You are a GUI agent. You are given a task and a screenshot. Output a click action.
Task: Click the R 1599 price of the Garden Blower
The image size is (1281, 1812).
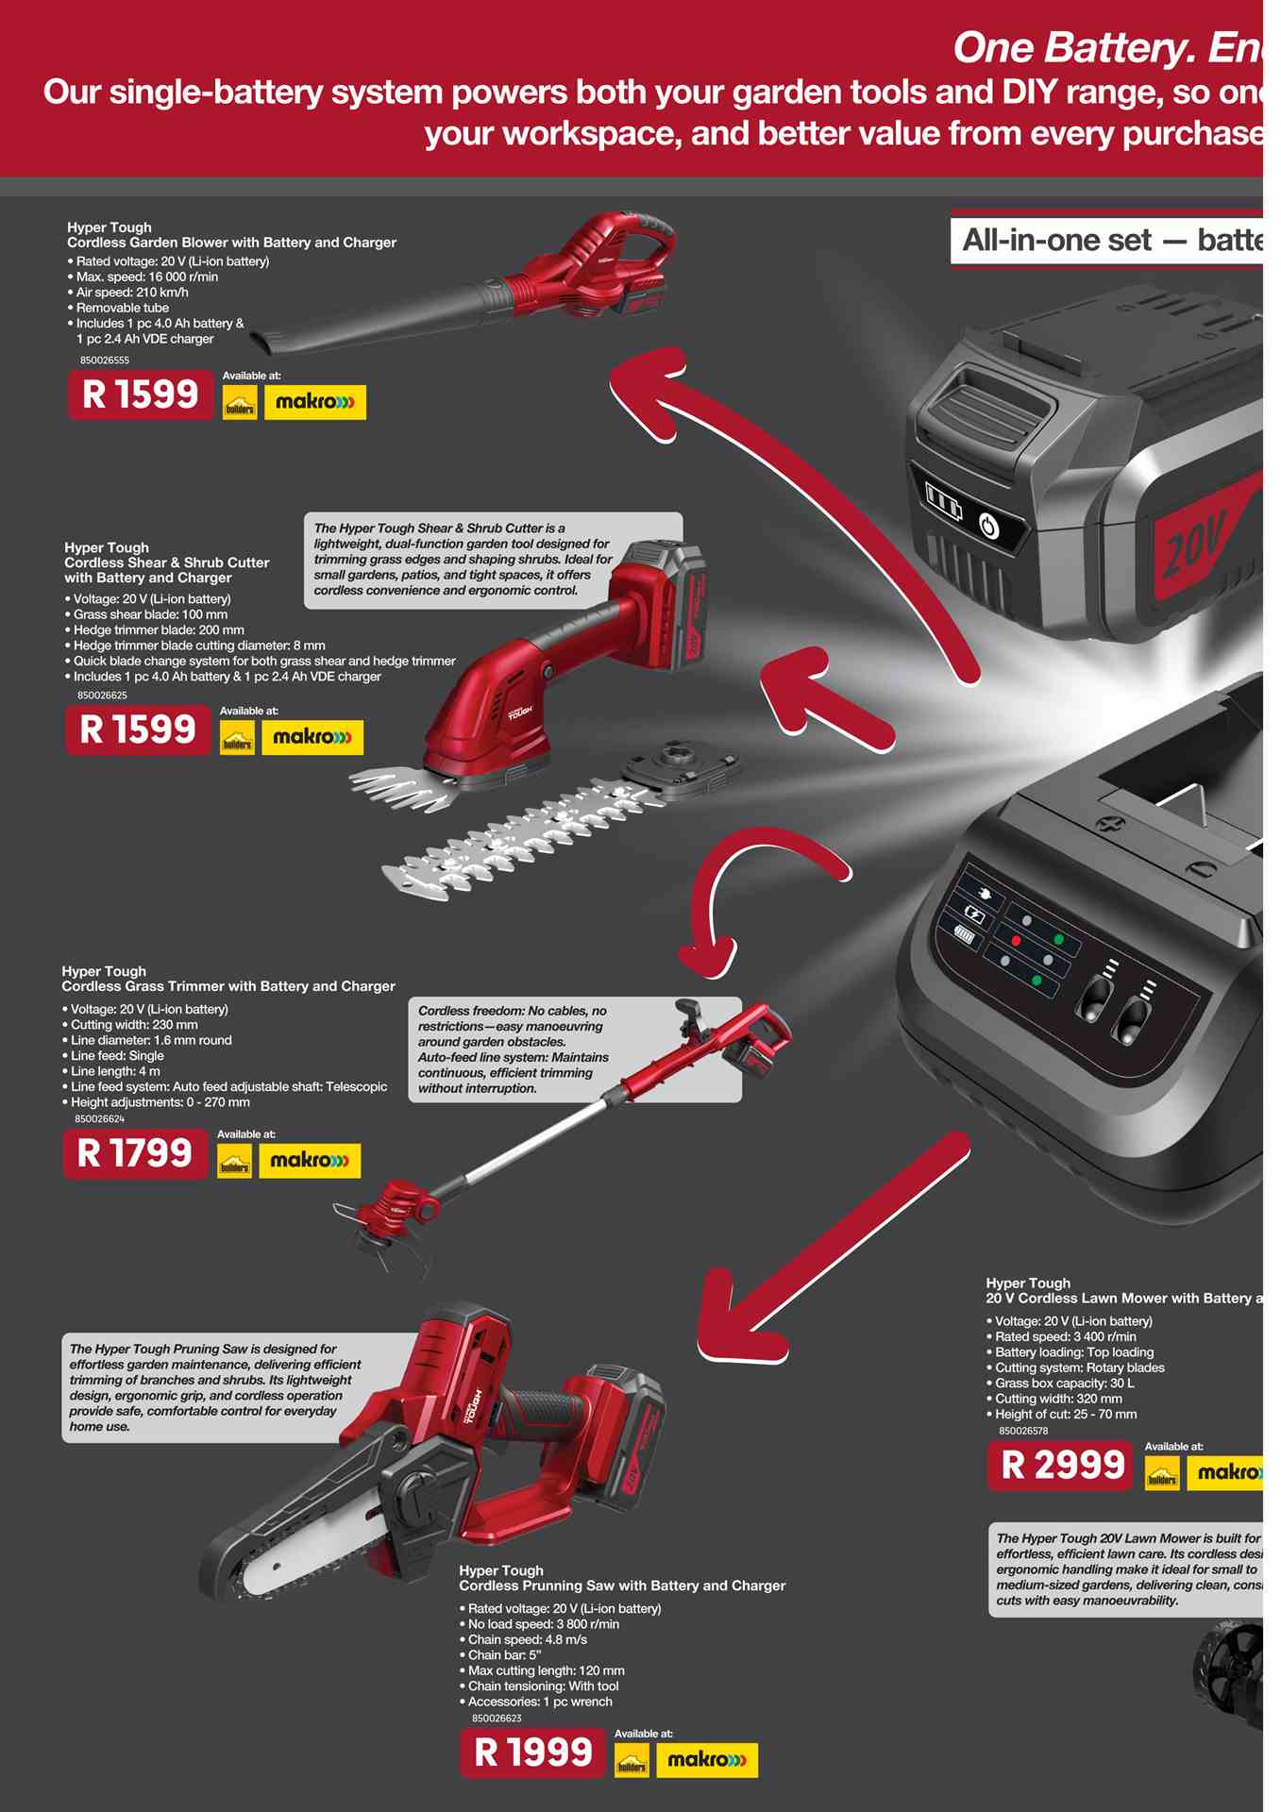pos(141,394)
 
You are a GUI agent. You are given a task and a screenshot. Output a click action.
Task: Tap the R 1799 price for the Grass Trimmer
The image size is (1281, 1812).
pos(135,1153)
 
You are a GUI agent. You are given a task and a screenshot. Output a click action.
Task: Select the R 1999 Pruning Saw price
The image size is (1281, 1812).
pos(532,1753)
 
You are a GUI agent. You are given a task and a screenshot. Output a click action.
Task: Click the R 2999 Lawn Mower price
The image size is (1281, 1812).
pos(1061,1465)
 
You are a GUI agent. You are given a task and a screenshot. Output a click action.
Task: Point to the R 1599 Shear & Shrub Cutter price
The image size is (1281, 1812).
pos(138,730)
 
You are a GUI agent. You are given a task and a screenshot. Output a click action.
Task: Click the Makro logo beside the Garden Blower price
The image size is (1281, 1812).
pos(314,402)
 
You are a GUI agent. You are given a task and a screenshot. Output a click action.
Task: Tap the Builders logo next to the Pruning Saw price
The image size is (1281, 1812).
pos(632,1761)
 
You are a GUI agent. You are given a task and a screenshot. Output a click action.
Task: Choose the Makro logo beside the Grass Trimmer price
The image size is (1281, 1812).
pos(310,1161)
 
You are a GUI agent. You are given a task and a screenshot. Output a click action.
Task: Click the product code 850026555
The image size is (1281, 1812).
pos(105,361)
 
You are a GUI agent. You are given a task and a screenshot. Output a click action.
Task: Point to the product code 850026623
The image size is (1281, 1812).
pos(497,1719)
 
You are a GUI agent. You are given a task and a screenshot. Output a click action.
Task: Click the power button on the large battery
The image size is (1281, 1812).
pos(988,525)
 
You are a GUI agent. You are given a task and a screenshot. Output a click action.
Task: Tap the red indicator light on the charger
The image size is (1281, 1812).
pos(1016,941)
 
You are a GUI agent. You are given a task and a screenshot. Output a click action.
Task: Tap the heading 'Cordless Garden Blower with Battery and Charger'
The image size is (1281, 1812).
pos(231,243)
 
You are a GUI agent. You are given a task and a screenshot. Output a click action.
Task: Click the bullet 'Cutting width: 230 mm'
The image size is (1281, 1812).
pos(134,1025)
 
